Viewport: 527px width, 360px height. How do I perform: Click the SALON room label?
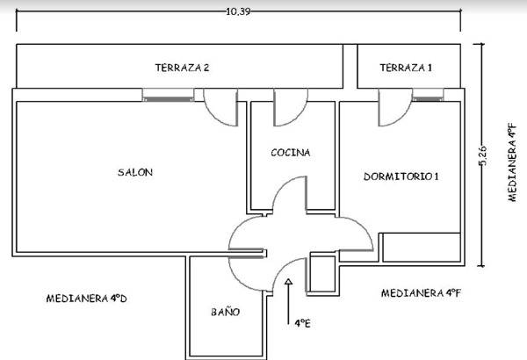[135, 172]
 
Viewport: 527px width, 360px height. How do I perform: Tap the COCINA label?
[291, 153]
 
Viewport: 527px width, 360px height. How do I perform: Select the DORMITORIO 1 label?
[401, 176]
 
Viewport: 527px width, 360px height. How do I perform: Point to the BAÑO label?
[225, 312]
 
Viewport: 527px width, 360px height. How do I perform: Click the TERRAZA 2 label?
[182, 68]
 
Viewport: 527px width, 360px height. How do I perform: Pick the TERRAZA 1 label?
[406, 68]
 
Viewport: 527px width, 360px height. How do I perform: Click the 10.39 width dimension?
[238, 11]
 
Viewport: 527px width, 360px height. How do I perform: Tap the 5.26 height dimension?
[482, 155]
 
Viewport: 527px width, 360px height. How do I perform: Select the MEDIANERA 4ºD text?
[86, 299]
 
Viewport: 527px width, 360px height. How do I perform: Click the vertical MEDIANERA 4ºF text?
[511, 162]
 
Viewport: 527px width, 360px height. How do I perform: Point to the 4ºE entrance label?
[302, 323]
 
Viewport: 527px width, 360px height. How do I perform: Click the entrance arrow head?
[288, 282]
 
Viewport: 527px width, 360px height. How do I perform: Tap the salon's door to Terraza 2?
[220, 108]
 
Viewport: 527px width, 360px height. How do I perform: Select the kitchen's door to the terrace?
[291, 108]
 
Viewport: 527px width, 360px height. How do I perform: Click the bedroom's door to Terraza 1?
[395, 108]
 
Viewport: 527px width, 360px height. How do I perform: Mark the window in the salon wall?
[168, 95]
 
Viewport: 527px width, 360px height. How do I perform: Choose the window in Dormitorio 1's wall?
[428, 95]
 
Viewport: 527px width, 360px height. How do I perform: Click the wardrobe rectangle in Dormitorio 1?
[422, 248]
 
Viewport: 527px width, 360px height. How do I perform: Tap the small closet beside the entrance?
[322, 274]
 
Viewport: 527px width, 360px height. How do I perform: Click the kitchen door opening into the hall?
[289, 195]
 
